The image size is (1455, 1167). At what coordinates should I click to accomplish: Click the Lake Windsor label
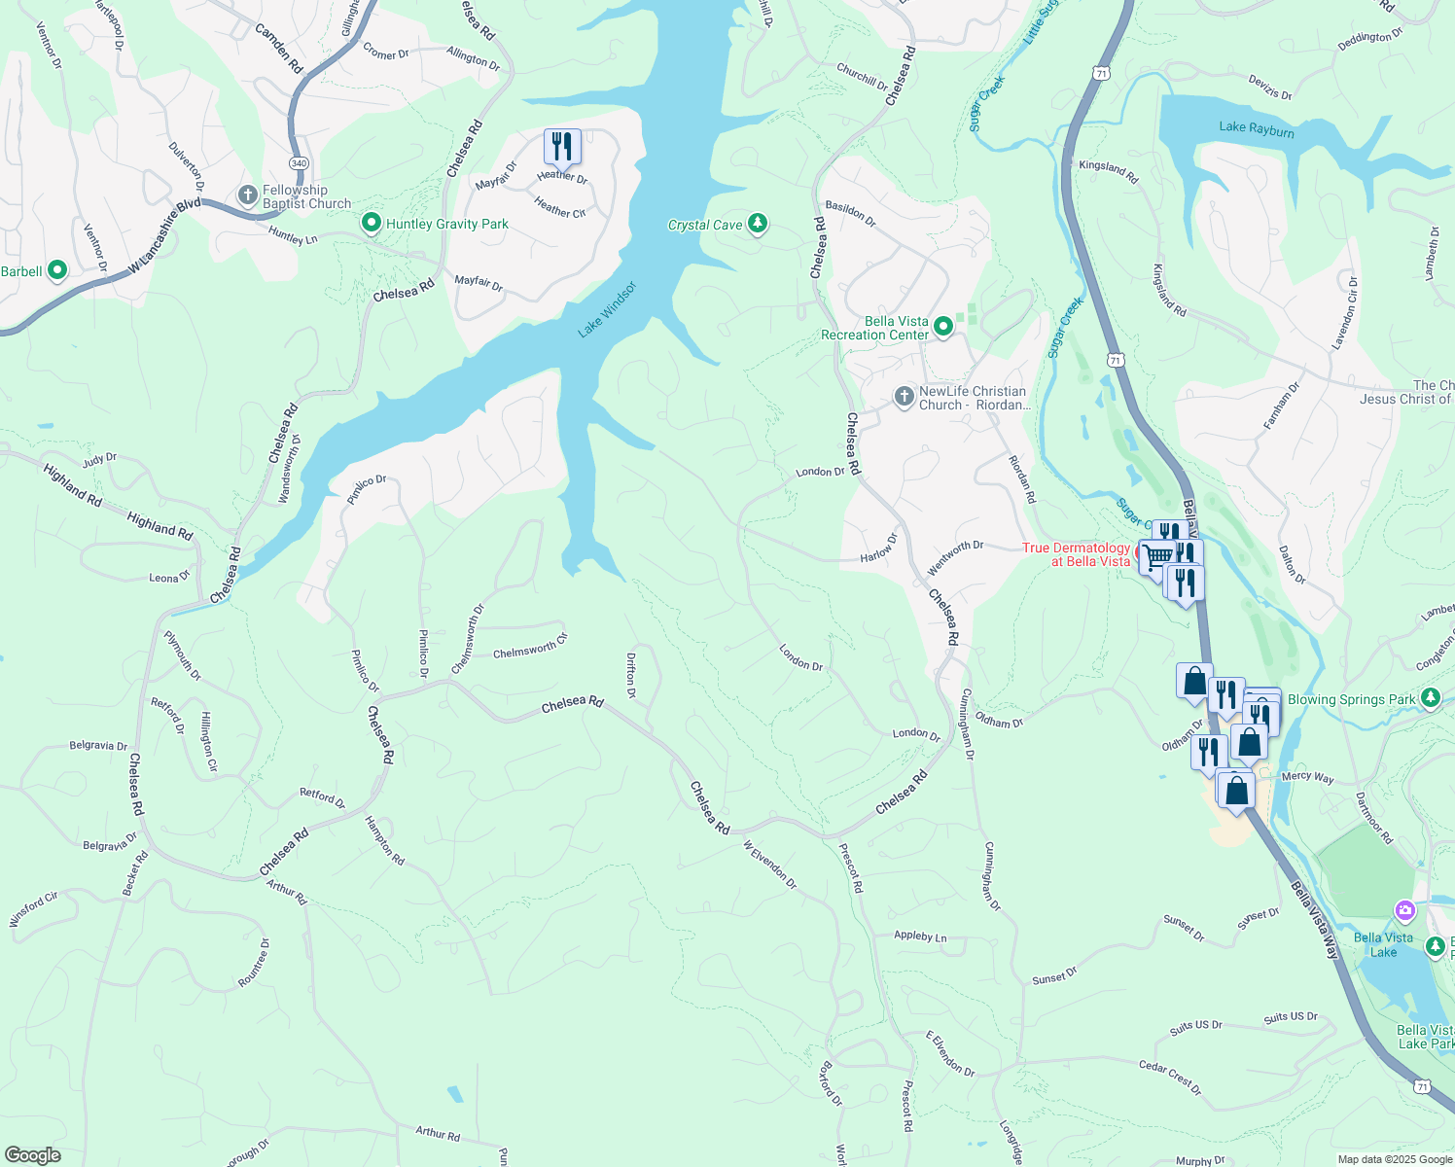coord(607,309)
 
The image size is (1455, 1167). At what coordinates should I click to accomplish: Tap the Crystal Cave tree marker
coord(757,225)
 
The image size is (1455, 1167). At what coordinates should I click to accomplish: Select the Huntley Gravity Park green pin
coord(371,224)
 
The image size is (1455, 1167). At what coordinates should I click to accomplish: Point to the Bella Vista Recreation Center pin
coord(943,327)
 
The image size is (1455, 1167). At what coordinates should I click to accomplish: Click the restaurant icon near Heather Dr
coord(562,147)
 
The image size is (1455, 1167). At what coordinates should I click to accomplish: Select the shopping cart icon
coord(1157,557)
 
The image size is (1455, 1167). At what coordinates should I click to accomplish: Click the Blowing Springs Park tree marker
coord(1430,698)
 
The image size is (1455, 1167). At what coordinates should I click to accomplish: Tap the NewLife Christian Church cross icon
coord(905,397)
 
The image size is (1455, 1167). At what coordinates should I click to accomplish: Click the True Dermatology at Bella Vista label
coord(1076,554)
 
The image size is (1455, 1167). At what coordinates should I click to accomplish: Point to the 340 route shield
coord(299,163)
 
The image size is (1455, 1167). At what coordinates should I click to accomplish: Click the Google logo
coord(33,1154)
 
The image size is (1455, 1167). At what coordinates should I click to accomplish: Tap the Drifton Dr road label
coord(631,675)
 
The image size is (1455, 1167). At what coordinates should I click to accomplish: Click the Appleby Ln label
coord(920,937)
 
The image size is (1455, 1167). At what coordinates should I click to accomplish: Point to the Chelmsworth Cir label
coord(530,647)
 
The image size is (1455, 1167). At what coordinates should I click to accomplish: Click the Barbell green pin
coord(57,270)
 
